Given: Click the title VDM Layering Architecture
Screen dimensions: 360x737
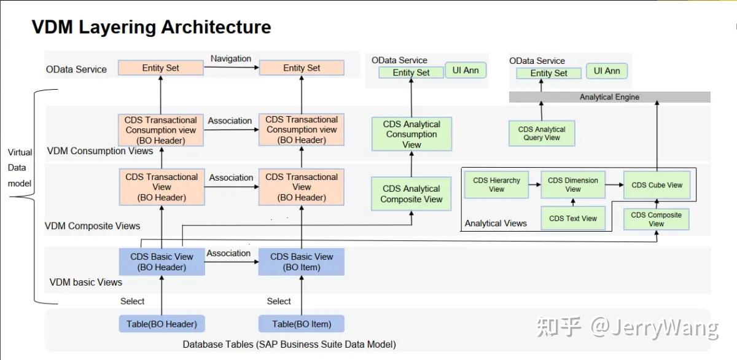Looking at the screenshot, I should click(x=151, y=27).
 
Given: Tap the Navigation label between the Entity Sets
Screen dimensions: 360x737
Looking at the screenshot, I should click(x=231, y=58).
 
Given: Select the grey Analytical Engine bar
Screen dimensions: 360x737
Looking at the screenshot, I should click(x=609, y=97).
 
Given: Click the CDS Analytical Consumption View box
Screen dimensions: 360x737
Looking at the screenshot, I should click(x=411, y=134).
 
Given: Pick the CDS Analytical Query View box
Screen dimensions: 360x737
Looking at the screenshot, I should click(x=542, y=133).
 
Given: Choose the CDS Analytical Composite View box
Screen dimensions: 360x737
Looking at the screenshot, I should click(x=411, y=194).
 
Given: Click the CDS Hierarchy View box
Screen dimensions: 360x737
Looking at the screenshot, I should click(x=496, y=185).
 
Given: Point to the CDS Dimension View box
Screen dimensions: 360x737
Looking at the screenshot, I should click(x=572, y=185).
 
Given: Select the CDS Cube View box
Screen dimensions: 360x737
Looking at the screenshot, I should click(x=657, y=185).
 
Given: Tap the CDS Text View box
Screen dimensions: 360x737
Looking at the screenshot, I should click(x=572, y=218).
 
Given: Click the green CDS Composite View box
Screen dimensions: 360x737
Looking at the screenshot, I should click(x=656, y=219).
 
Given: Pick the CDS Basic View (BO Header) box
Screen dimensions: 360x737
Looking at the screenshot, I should click(x=162, y=262).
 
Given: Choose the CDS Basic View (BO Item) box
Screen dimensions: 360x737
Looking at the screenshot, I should click(x=302, y=262).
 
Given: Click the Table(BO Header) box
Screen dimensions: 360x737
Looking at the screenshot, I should click(x=162, y=324).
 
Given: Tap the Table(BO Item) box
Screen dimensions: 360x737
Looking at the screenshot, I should click(x=301, y=324).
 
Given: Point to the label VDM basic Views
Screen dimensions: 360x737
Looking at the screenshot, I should click(x=85, y=283).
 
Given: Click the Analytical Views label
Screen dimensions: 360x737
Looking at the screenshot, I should click(x=496, y=224).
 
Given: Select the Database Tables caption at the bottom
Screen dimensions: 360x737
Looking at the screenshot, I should click(x=289, y=345).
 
